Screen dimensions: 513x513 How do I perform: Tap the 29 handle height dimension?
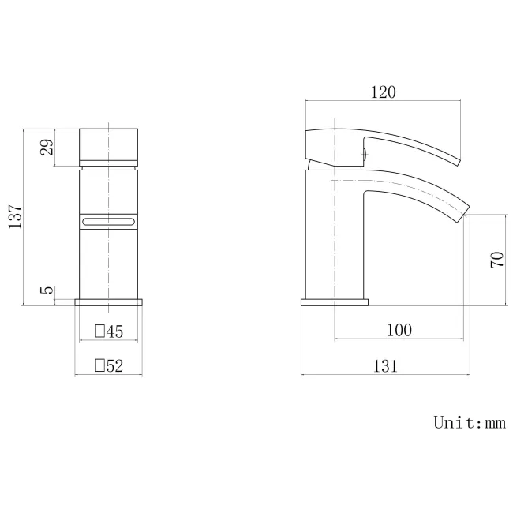(48, 147)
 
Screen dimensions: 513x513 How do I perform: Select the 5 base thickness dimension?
(48, 290)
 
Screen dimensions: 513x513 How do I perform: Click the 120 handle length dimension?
(382, 92)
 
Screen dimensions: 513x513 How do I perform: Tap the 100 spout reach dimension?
(399, 330)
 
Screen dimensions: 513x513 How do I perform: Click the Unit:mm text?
(469, 422)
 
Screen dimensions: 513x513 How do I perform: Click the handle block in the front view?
(109, 145)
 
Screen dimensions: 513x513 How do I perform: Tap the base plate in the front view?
(109, 301)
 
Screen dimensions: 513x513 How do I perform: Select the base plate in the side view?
(335, 301)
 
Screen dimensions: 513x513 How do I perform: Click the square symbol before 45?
(99, 331)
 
